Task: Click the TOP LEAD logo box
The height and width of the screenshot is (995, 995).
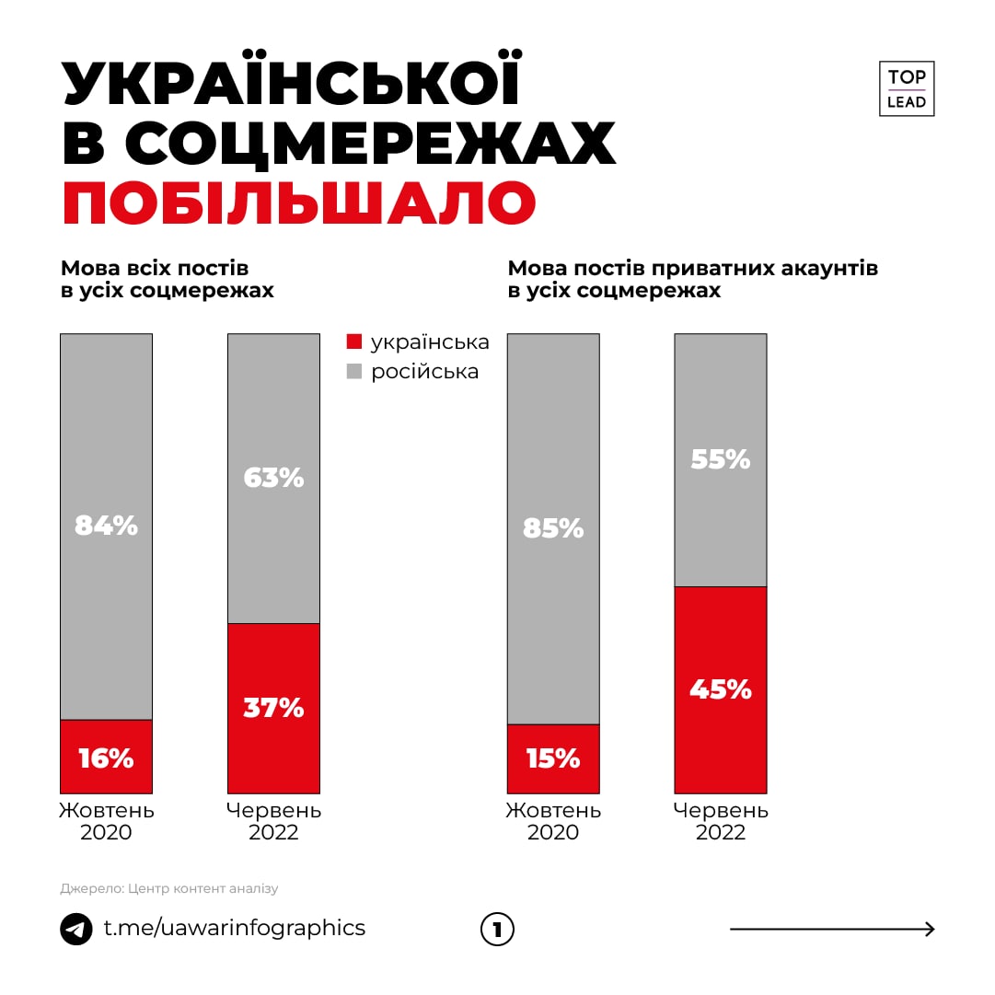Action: point(907,88)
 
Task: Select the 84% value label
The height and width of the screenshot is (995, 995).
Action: point(107,526)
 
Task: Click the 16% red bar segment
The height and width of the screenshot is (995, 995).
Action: point(107,757)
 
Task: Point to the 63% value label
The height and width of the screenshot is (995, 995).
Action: point(273,478)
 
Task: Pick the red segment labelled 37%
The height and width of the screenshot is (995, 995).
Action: point(273,708)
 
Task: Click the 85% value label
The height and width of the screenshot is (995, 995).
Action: point(553,528)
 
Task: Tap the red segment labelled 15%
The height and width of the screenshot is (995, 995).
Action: point(553,758)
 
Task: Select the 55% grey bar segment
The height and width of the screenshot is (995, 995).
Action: point(721,459)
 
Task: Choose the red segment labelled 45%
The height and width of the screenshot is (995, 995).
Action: point(721,689)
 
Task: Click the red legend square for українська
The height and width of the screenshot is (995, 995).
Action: point(354,341)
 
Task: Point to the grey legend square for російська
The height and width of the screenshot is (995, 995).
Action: point(354,372)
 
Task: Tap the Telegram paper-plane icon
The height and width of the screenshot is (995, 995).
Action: point(76,929)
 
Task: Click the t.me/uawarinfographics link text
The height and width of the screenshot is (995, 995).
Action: point(234,928)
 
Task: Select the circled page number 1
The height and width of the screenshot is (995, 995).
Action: point(497,930)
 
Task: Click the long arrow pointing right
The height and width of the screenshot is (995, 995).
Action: point(832,930)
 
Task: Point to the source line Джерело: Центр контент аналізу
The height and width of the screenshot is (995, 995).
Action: point(169,889)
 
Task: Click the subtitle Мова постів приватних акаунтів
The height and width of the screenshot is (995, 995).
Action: point(693,269)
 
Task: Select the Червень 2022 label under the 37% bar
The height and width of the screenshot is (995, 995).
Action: point(273,822)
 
